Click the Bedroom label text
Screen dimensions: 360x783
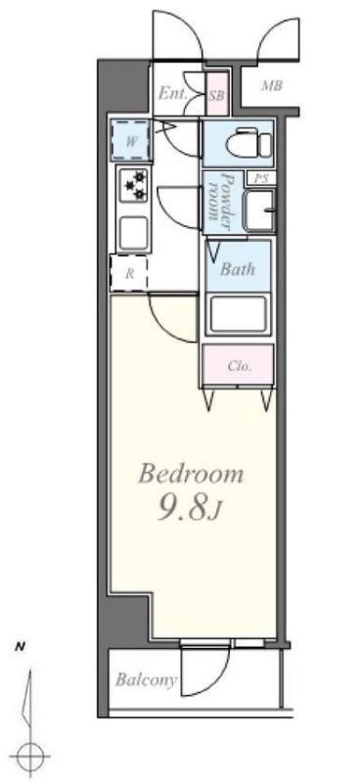[191, 474]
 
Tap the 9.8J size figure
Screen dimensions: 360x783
[190, 508]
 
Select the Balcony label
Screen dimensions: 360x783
[147, 680]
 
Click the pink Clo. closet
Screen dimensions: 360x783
[238, 365]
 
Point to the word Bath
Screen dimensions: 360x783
[238, 270]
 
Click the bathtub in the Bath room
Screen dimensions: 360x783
[237, 314]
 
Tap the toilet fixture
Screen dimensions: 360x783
[247, 144]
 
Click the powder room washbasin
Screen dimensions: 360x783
[258, 209]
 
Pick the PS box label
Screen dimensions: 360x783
[261, 179]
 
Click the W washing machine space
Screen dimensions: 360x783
[131, 140]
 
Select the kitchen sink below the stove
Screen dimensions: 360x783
[133, 232]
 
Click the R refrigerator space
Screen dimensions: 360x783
[129, 273]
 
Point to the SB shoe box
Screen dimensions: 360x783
[217, 94]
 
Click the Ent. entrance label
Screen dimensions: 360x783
[173, 93]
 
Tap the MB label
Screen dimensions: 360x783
[272, 86]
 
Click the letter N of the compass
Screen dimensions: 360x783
[20, 648]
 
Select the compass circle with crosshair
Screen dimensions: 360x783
[30, 756]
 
